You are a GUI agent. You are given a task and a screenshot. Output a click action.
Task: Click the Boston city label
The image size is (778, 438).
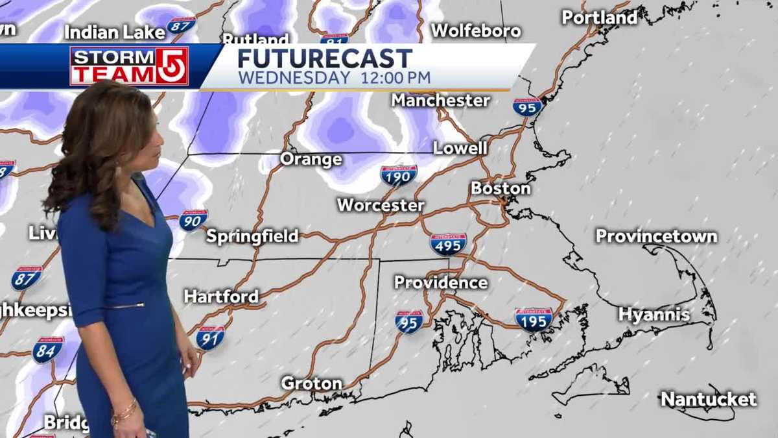(501, 188)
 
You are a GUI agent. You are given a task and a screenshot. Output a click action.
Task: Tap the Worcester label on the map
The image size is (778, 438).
(381, 205)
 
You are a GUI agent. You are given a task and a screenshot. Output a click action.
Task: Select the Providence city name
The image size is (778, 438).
(441, 282)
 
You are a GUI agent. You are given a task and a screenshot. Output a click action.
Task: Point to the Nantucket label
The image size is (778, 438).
(708, 399)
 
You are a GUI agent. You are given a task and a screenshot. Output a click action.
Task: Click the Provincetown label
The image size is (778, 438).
(656, 236)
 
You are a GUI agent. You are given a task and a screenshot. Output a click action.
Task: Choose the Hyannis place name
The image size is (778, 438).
(654, 315)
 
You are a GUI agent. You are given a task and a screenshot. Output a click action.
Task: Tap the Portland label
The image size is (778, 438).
(599, 18)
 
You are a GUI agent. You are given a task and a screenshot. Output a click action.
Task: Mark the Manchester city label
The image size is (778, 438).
(440, 100)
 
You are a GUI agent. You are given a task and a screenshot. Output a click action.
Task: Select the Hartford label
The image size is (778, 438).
(221, 297)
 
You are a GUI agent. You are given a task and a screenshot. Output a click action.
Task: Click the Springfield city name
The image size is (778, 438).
(252, 236)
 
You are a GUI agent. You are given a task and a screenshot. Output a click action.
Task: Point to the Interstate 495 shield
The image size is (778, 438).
(448, 244)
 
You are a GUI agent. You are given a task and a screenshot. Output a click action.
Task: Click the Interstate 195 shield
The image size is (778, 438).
(534, 319)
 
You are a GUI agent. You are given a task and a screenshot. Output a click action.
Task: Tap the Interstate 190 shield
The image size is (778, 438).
(398, 175)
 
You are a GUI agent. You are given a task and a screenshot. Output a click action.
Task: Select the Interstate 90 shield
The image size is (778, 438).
(193, 220)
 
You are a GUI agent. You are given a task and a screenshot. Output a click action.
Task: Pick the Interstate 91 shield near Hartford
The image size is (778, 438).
(211, 337)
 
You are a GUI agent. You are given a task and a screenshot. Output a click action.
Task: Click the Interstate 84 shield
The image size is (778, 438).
(48, 350)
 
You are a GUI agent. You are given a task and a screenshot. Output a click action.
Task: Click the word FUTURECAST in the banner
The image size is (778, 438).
(325, 58)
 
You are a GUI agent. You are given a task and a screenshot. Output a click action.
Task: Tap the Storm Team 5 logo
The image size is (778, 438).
(129, 66)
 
